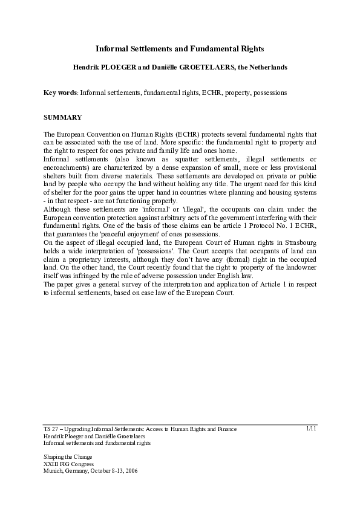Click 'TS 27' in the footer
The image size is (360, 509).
[x=52, y=429]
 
